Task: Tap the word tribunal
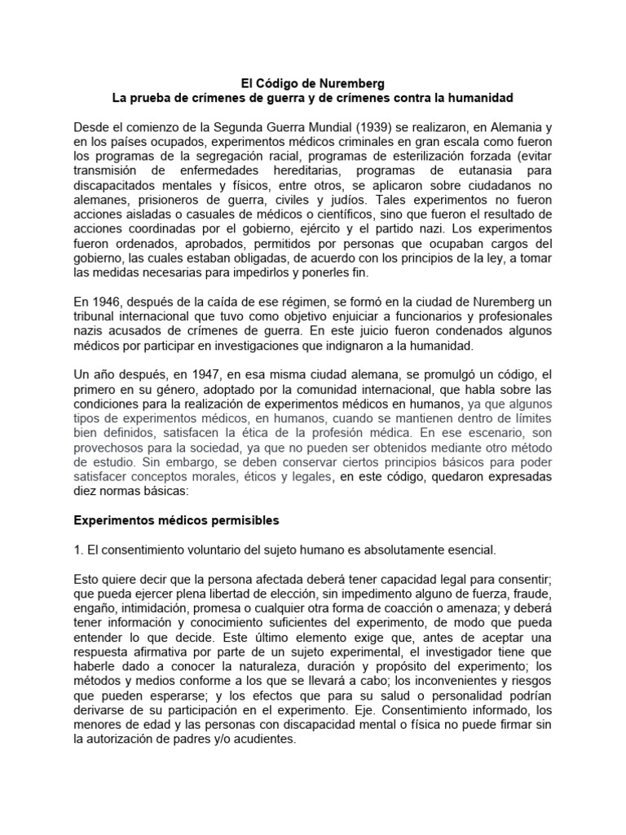[x=97, y=317]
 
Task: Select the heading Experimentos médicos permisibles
[x=177, y=519]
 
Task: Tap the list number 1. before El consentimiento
[x=78, y=549]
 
